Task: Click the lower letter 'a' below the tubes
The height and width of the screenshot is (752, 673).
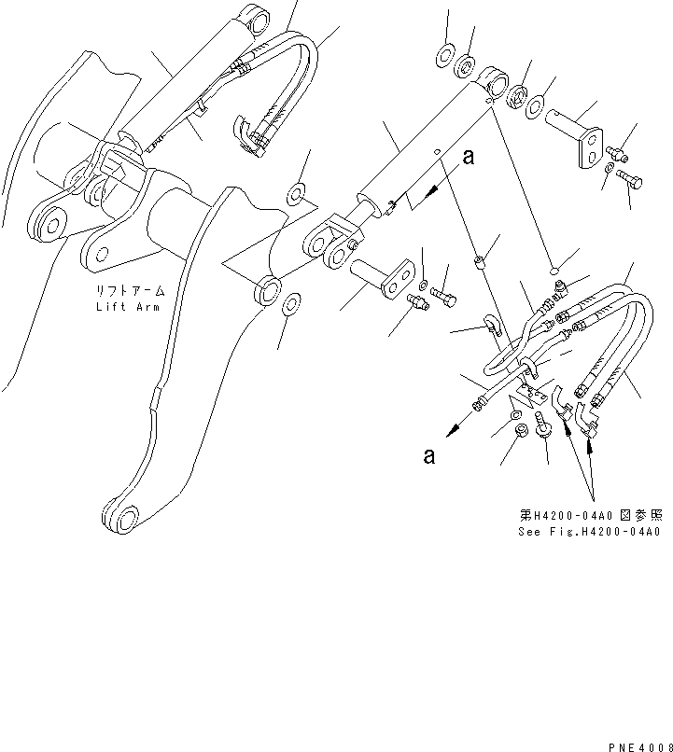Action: pos(428,456)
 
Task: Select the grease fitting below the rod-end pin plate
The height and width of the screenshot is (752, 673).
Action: pos(415,300)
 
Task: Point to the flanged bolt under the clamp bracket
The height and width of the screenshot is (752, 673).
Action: pos(545,436)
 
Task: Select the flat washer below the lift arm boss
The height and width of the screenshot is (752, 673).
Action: pos(292,303)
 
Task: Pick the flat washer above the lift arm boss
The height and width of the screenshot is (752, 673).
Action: pos(296,195)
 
